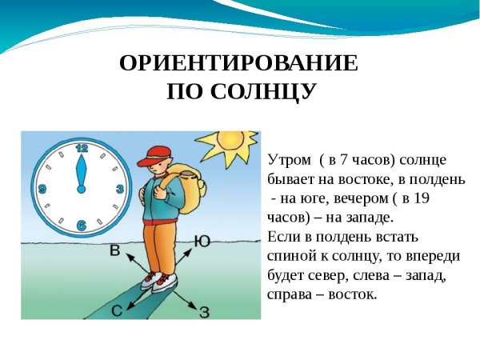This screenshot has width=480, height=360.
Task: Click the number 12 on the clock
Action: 81,148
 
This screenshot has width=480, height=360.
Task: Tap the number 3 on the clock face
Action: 119,189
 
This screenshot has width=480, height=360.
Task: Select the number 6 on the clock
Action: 81,226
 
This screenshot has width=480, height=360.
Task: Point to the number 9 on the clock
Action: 42,189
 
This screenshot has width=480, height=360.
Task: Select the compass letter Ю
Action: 202,240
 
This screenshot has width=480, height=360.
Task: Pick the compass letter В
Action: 114,250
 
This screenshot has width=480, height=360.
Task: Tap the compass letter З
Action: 204,312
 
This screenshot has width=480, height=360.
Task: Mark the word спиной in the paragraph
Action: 289,256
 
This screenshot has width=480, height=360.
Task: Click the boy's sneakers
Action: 158,280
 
